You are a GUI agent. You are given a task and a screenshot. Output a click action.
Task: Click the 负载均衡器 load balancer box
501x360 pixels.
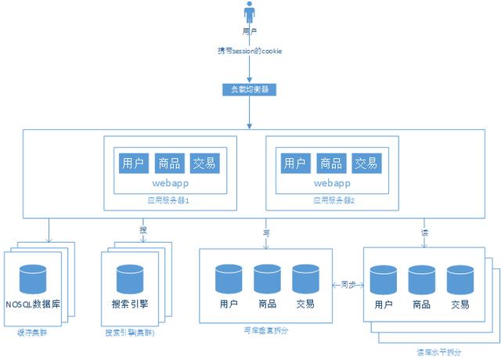(x=250, y=88)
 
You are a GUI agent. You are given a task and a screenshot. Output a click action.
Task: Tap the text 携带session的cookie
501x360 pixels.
(x=250, y=51)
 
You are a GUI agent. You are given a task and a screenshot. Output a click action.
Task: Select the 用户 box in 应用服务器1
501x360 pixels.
(x=132, y=163)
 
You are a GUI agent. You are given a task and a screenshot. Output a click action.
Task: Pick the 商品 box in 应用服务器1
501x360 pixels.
(x=169, y=163)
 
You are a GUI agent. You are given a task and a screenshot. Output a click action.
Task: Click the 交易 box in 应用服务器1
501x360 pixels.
(x=205, y=163)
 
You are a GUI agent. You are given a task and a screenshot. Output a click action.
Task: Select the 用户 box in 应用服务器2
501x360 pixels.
(x=294, y=163)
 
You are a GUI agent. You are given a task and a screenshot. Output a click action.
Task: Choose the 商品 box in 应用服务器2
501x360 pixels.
(x=330, y=163)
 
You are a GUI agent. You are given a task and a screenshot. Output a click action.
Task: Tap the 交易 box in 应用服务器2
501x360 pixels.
(x=366, y=163)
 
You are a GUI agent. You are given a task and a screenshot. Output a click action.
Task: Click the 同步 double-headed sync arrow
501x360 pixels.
(x=344, y=286)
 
